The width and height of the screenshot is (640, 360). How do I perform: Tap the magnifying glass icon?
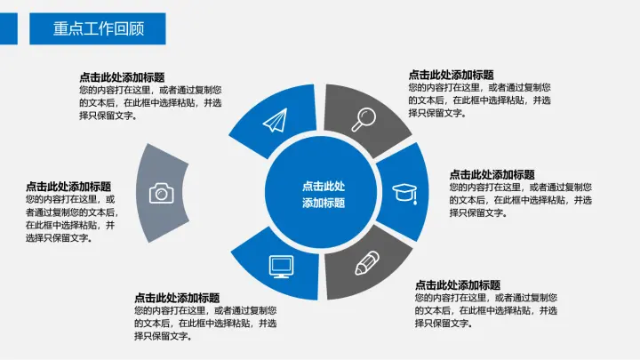pos(364,118)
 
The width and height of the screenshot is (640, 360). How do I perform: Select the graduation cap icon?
pos(405,192)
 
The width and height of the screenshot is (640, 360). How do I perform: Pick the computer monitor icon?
pos(281,265)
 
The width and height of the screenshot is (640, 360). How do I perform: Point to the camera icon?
pos(161,192)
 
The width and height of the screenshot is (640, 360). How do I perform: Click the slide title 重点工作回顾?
pos(98,28)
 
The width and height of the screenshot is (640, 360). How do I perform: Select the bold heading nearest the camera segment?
pos(68,187)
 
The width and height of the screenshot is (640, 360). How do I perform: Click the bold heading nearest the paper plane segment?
pos(122,77)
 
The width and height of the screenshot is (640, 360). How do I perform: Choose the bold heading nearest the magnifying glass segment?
pos(451,75)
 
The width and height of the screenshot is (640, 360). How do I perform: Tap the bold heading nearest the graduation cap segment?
pos(492,174)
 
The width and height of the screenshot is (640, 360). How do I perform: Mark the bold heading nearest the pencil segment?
pos(458,285)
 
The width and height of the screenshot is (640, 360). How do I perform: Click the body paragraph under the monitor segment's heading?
pos(204,324)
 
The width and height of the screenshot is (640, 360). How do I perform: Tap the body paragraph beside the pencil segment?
pos(486,311)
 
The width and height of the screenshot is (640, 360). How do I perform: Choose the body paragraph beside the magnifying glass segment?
pos(479,100)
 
